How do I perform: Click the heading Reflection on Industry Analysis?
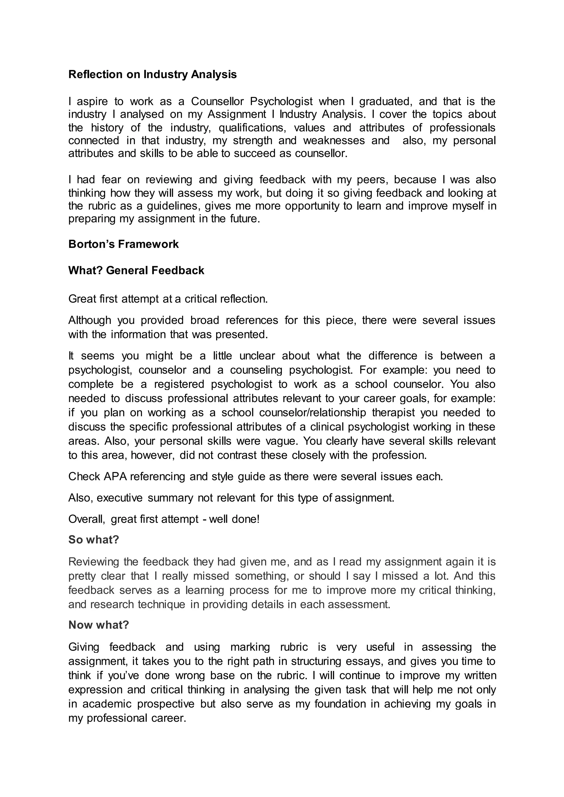pyautogui.click(x=153, y=74)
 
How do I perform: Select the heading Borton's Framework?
pyautogui.click(x=123, y=244)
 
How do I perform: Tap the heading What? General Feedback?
pyautogui.click(x=136, y=271)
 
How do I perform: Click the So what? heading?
pyautogui.click(x=94, y=539)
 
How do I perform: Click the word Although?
pyautogui.click(x=90, y=320)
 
